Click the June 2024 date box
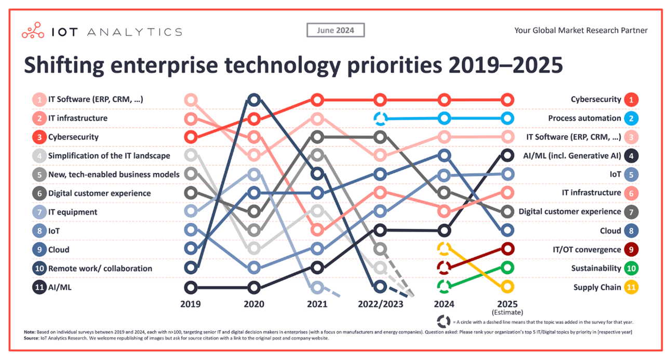point(335,30)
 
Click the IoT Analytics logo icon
point(33,31)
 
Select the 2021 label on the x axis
point(317,304)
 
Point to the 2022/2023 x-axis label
point(380,304)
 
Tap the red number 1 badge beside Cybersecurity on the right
point(631,99)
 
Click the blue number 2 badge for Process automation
point(631,118)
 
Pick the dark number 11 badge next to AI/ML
point(39,287)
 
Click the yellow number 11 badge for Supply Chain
point(631,287)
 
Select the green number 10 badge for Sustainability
point(631,269)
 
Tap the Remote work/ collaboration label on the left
point(100,269)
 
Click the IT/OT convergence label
point(587,250)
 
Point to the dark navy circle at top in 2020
point(253,100)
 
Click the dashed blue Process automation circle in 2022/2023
point(380,119)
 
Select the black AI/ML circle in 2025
point(507,155)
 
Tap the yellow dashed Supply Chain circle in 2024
point(444,249)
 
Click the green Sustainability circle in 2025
point(507,268)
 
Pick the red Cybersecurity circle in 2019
point(191,138)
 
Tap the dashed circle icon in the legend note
point(443,321)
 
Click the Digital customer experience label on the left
point(99,193)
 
